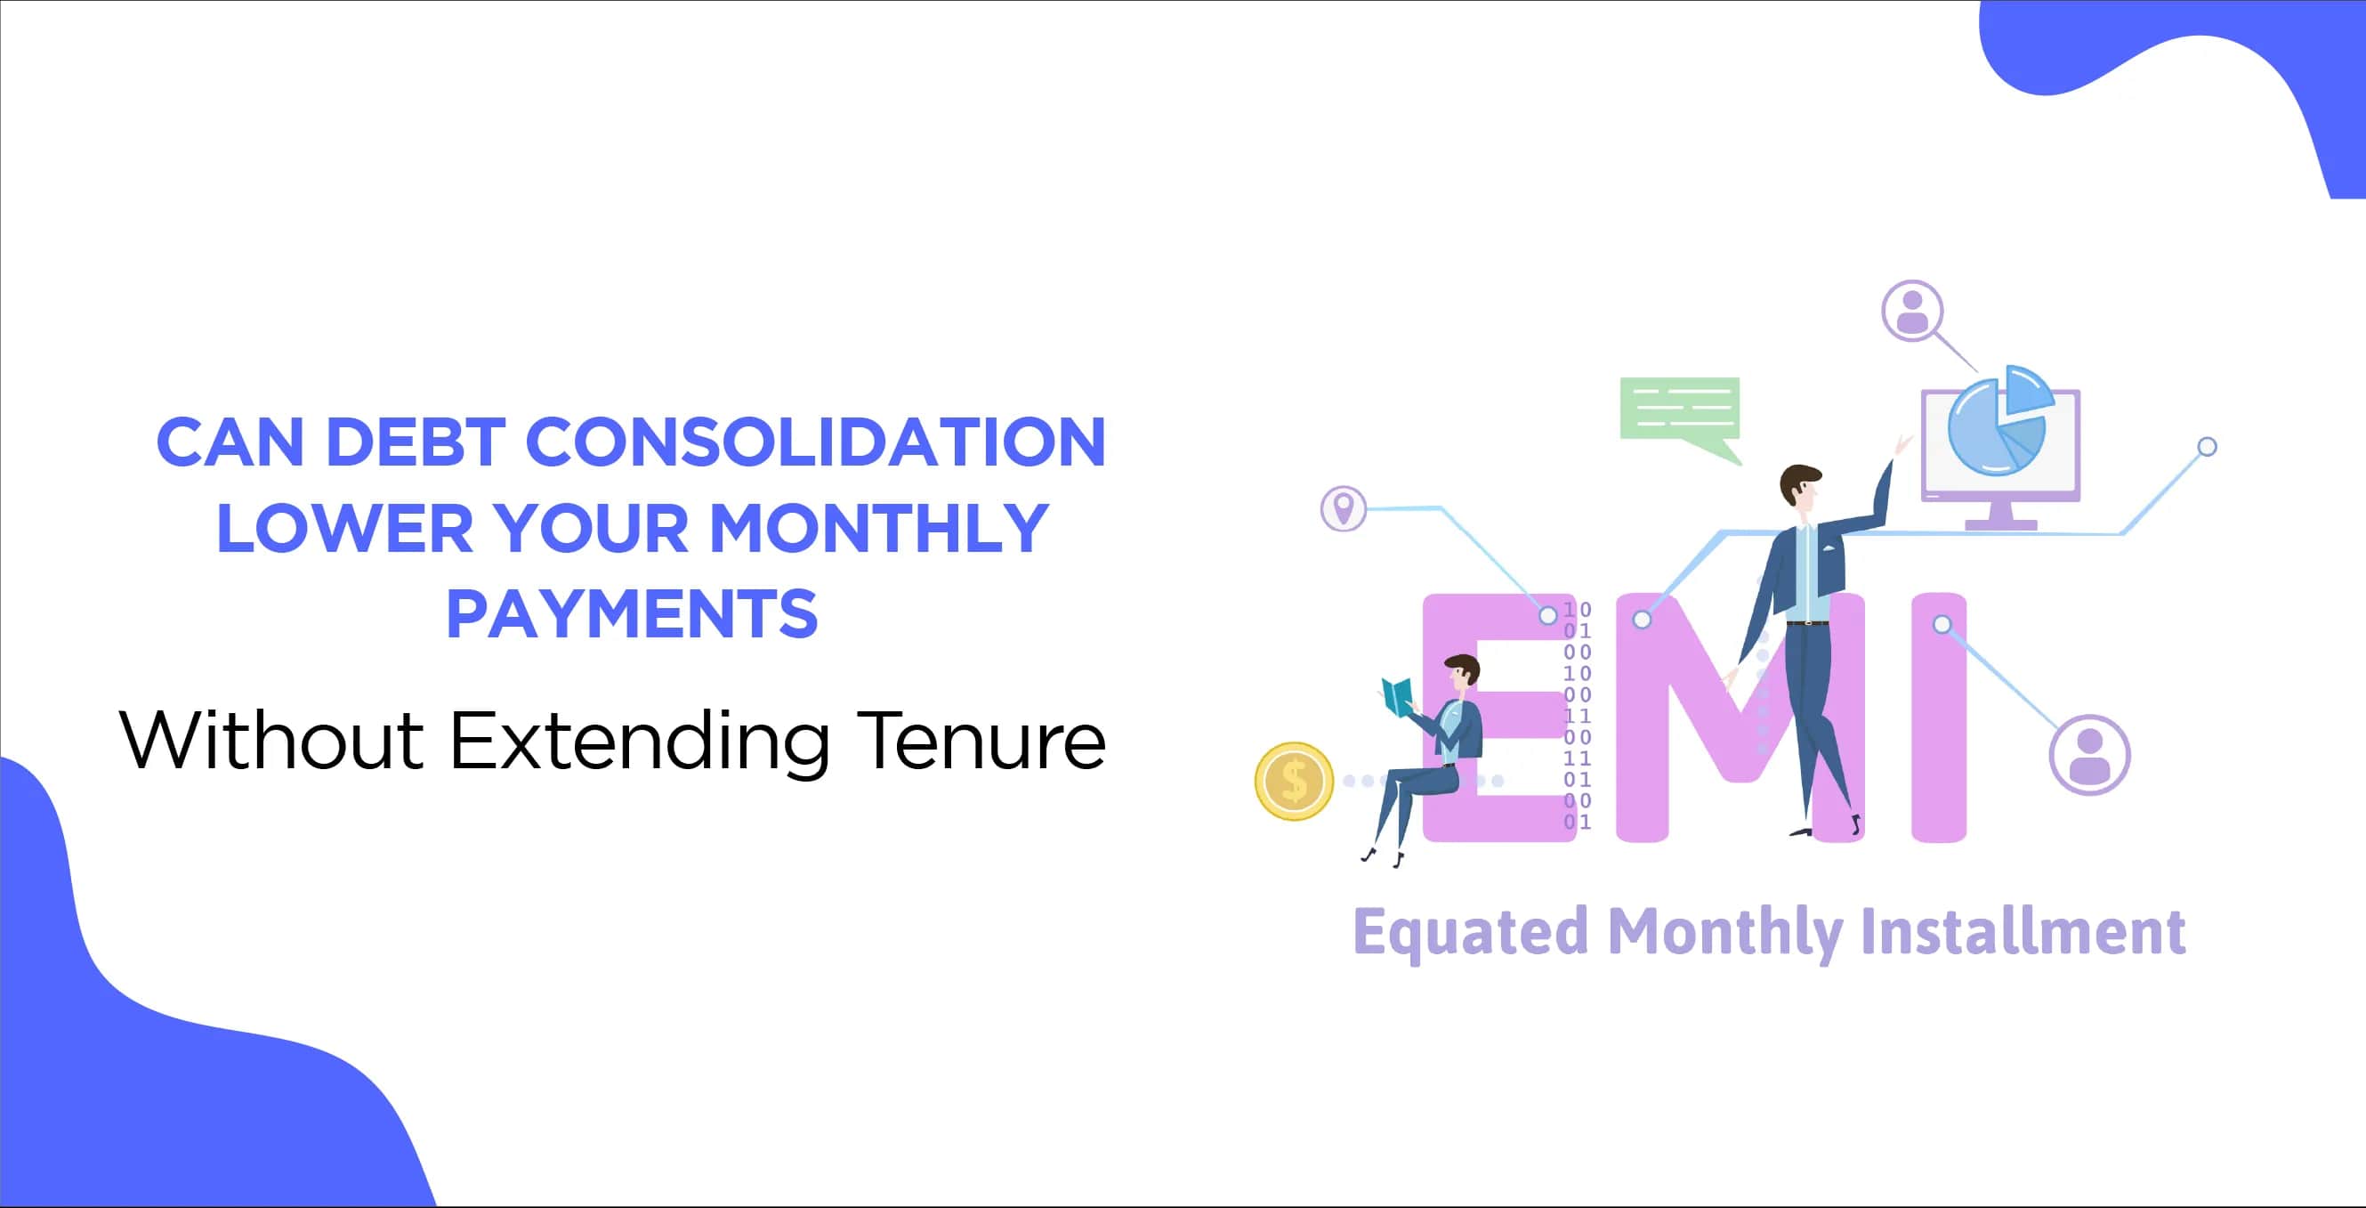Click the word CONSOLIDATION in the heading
click(815, 442)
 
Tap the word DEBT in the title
click(416, 442)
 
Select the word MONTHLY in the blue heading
click(879, 528)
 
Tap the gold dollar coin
click(1294, 781)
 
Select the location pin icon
click(1344, 508)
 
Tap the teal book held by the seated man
click(1398, 696)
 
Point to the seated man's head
click(1461, 671)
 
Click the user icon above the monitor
click(1912, 311)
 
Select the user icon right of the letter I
click(2089, 754)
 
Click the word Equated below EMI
click(1471, 932)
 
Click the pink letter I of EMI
click(1939, 717)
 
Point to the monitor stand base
click(2000, 525)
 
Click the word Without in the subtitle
click(272, 741)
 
